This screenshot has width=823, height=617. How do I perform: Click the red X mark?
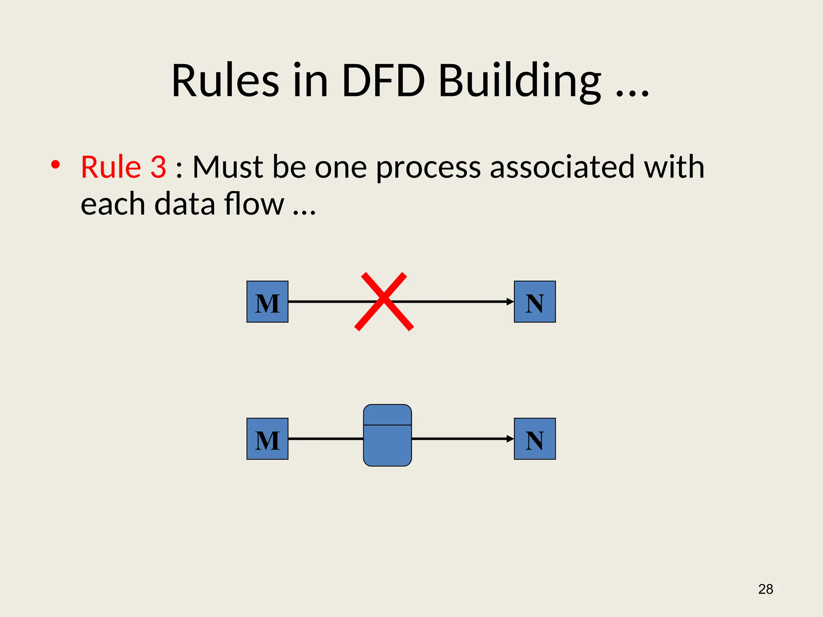(384, 302)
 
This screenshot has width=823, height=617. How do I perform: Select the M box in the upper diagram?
(267, 302)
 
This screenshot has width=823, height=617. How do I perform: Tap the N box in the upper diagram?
(535, 302)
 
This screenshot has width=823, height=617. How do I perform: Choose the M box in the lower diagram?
(267, 439)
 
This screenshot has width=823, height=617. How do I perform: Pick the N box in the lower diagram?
(535, 439)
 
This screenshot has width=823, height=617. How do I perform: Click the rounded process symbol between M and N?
(387, 435)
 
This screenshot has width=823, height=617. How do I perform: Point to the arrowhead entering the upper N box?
(510, 302)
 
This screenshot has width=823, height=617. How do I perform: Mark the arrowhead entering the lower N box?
(510, 439)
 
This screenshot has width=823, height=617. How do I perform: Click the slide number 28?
(766, 589)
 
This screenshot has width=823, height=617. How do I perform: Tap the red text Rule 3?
(123, 167)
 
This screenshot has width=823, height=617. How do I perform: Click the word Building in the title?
(519, 81)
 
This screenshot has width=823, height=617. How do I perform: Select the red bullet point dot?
(55, 165)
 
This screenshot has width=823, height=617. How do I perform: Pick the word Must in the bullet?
(227, 167)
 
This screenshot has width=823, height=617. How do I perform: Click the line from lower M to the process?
(326, 439)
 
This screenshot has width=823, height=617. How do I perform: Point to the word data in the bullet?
(185, 204)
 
